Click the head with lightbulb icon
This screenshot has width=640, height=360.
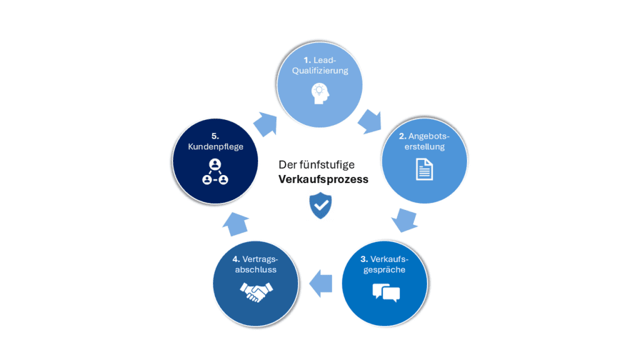[320, 94]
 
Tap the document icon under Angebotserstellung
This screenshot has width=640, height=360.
[424, 169]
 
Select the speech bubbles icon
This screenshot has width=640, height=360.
[386, 293]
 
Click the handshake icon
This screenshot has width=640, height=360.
[256, 292]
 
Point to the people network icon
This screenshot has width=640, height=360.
[215, 172]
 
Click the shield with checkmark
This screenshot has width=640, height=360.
[321, 205]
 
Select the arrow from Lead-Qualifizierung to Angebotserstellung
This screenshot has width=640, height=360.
[370, 121]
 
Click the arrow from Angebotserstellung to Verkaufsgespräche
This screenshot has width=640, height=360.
[404, 219]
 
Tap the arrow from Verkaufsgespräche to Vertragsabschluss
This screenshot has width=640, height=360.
[321, 284]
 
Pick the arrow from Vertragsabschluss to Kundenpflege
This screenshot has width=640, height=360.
[236, 224]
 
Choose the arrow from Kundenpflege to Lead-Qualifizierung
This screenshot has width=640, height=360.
[265, 124]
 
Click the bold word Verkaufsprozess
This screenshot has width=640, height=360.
[323, 179]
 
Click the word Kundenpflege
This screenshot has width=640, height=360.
[216, 146]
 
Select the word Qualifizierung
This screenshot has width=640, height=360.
[320, 71]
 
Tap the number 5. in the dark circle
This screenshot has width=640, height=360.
[215, 136]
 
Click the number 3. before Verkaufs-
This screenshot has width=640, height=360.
[364, 259]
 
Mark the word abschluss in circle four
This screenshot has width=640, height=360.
[256, 269]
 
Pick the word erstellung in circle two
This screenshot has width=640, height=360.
[424, 146]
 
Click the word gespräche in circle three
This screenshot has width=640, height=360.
[384, 270]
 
